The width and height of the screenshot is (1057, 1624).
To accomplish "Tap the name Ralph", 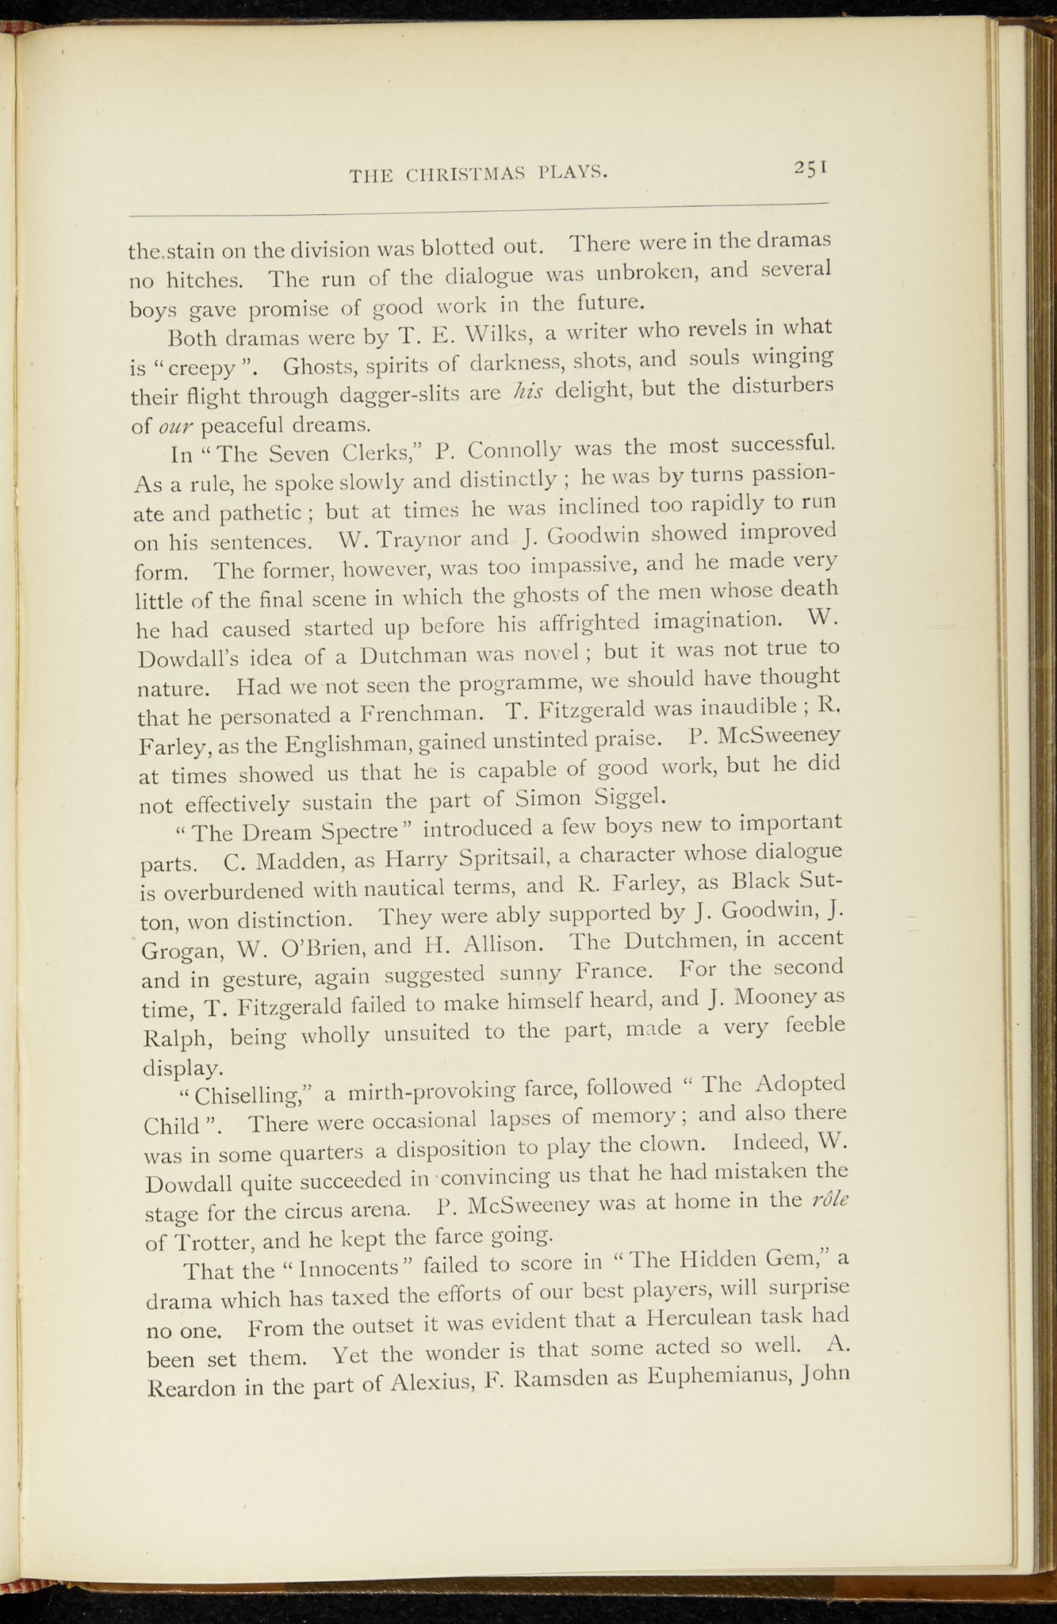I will click(x=179, y=1038).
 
